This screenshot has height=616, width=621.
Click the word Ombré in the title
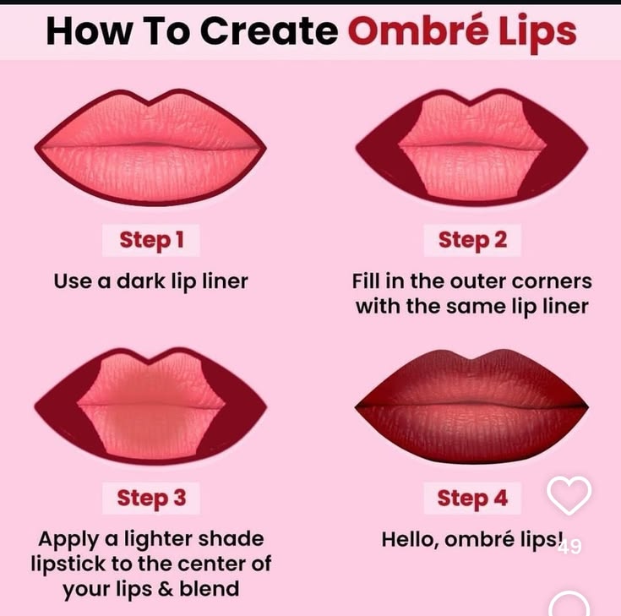pyautogui.click(x=418, y=30)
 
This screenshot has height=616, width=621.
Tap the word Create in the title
pyautogui.click(x=270, y=31)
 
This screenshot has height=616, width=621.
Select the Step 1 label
pyautogui.click(x=151, y=240)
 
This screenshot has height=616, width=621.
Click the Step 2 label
pyautogui.click(x=472, y=240)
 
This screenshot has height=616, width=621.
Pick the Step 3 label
pyautogui.click(x=151, y=498)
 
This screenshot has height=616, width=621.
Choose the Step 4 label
pyautogui.click(x=472, y=498)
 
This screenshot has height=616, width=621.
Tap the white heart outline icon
pyautogui.click(x=569, y=495)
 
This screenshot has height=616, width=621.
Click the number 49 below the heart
pyautogui.click(x=570, y=547)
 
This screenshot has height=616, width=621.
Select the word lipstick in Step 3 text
pyautogui.click(x=68, y=565)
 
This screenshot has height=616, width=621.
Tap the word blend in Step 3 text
pyautogui.click(x=210, y=589)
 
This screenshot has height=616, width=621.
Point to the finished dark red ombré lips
pyautogui.click(x=471, y=406)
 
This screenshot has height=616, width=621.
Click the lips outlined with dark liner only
pyautogui.click(x=150, y=147)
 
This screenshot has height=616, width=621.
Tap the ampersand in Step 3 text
pyautogui.click(x=166, y=589)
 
